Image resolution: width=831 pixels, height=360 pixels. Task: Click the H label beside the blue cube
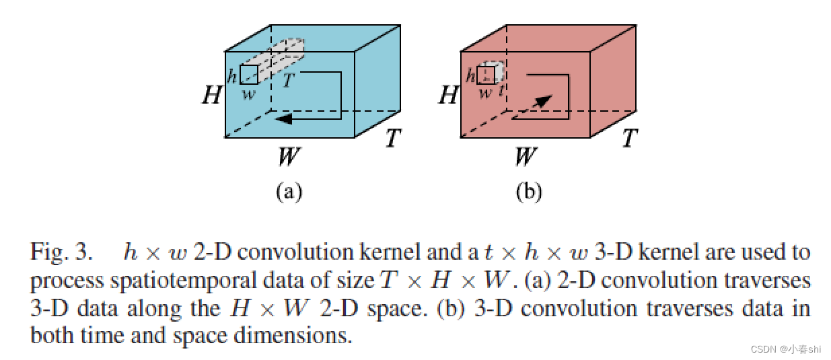212,95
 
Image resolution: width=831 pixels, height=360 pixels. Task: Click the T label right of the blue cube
393,139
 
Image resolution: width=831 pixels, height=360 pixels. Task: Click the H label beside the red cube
447,95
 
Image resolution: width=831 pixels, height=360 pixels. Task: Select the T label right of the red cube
629,139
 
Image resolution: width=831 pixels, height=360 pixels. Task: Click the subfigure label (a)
289,192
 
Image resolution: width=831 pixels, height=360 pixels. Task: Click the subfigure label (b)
528,192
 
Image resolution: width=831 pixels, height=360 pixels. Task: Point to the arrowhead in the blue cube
283,118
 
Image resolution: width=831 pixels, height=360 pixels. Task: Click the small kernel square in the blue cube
248,74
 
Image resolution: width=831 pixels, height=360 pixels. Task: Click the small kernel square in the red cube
485,75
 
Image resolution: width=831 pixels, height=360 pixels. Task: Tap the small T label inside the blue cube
288,81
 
